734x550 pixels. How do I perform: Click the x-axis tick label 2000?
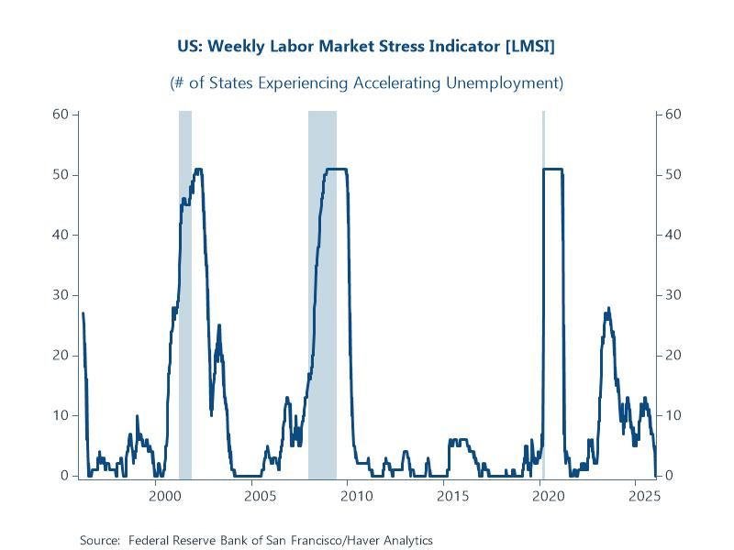click(163, 496)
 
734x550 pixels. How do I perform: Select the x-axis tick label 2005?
click(260, 496)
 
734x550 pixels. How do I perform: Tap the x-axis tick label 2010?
click(355, 496)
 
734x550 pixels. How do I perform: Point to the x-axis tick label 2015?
click(451, 496)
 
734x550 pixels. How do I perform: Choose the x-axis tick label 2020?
click(548, 496)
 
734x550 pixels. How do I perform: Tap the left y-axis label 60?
click(61, 115)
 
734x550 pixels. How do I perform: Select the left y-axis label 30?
click(61, 295)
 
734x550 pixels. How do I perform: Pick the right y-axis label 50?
click(672, 175)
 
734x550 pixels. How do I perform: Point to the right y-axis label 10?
click(672, 415)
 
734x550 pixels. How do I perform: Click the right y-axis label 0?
click(668, 476)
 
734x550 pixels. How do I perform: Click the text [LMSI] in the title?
click(523, 45)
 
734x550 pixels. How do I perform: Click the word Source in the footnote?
click(100, 540)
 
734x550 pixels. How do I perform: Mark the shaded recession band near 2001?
click(184, 293)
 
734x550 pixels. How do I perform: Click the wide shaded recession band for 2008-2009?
click(322, 293)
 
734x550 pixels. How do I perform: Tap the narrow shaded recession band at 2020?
click(543, 293)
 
